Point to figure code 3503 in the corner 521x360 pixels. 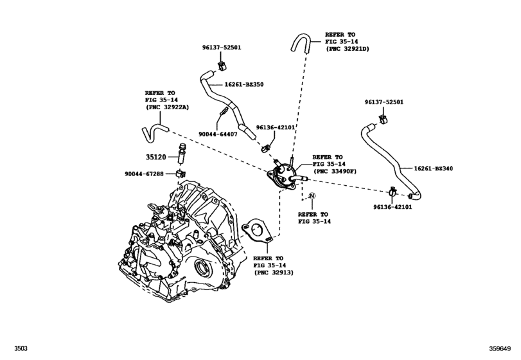[12, 350]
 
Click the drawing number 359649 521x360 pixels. [500, 350]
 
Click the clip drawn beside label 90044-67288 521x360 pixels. [182, 174]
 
